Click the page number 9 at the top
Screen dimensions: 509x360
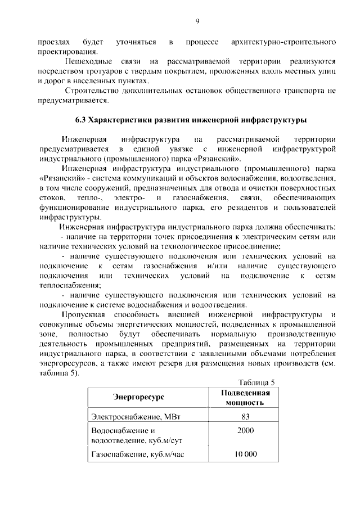[x=197, y=21]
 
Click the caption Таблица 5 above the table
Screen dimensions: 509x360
[x=256, y=382]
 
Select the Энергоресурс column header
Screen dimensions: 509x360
[x=138, y=397]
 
